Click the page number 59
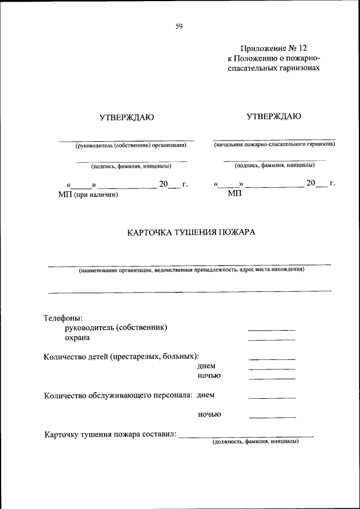pyautogui.click(x=179, y=26)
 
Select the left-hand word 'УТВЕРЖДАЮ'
pyautogui.click(x=127, y=117)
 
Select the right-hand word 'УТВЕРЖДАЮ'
pyautogui.click(x=273, y=116)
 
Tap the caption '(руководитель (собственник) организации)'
pyautogui.click(x=131, y=145)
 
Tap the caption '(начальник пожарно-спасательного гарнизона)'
pyautogui.click(x=274, y=145)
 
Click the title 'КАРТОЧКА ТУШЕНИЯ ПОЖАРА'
pyautogui.click(x=191, y=232)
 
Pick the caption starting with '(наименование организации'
pyautogui.click(x=191, y=269)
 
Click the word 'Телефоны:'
pyautogui.click(x=63, y=318)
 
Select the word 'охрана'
pyautogui.click(x=77, y=337)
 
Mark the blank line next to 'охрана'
pyautogui.click(x=272, y=339)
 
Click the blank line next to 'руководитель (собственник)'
pyautogui.click(x=272, y=330)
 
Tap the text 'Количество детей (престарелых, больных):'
pyautogui.click(x=121, y=357)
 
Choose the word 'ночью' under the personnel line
pyautogui.click(x=209, y=415)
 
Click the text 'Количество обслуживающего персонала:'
pyautogui.click(x=119, y=395)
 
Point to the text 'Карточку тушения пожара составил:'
pyautogui.click(x=110, y=434)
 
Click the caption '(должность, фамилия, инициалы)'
pyautogui.click(x=255, y=442)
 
